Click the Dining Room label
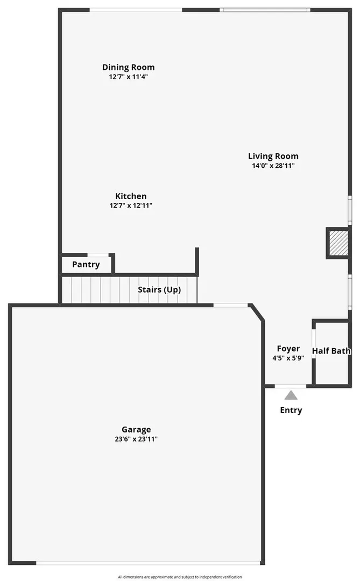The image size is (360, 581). point(128,67)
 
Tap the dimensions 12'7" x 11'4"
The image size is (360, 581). point(128,77)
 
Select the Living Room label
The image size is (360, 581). point(273,156)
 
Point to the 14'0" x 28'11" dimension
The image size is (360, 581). point(273,166)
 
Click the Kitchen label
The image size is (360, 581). point(131,196)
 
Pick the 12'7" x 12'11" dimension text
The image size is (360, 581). point(131,206)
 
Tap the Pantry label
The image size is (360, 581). point(86,265)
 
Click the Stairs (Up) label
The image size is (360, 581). point(159,289)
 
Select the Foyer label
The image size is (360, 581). point(288,349)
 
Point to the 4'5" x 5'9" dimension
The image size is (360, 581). point(288,358)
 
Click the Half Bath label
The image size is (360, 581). point(331,351)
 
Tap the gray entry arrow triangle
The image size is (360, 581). point(291,395)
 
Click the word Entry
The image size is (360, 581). point(291,410)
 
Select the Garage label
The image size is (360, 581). point(136,429)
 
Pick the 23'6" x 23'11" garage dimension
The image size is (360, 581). point(136,439)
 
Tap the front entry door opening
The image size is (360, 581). point(291,386)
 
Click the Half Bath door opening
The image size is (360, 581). point(314,343)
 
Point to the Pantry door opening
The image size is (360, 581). point(98,255)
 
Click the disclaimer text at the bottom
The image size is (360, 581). point(180,577)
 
